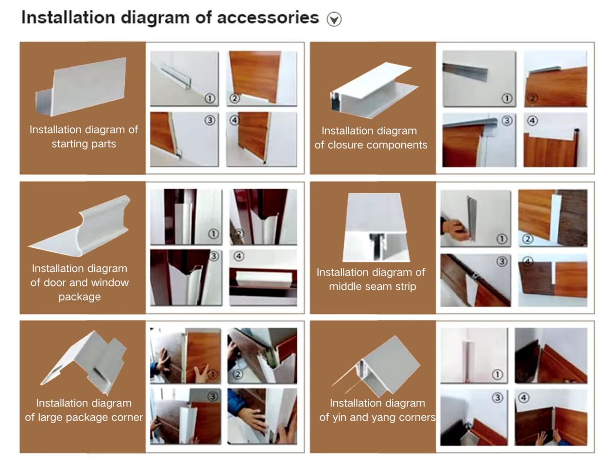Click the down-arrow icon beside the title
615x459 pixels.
[x=334, y=19]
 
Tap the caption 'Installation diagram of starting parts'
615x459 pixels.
[x=84, y=136]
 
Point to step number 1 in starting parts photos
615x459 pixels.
[x=210, y=98]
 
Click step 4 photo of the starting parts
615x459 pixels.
[x=261, y=139]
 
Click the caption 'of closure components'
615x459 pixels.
[x=371, y=145]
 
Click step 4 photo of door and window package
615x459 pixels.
[x=263, y=278]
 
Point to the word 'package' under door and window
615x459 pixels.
[x=80, y=296]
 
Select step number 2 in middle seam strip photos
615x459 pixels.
[x=527, y=239]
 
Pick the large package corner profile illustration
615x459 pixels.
[x=85, y=361]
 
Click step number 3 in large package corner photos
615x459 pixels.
[x=213, y=397]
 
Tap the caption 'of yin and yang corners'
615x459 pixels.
[x=377, y=417]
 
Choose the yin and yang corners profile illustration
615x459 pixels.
[x=378, y=365]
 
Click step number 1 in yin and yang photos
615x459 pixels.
[x=497, y=375]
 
